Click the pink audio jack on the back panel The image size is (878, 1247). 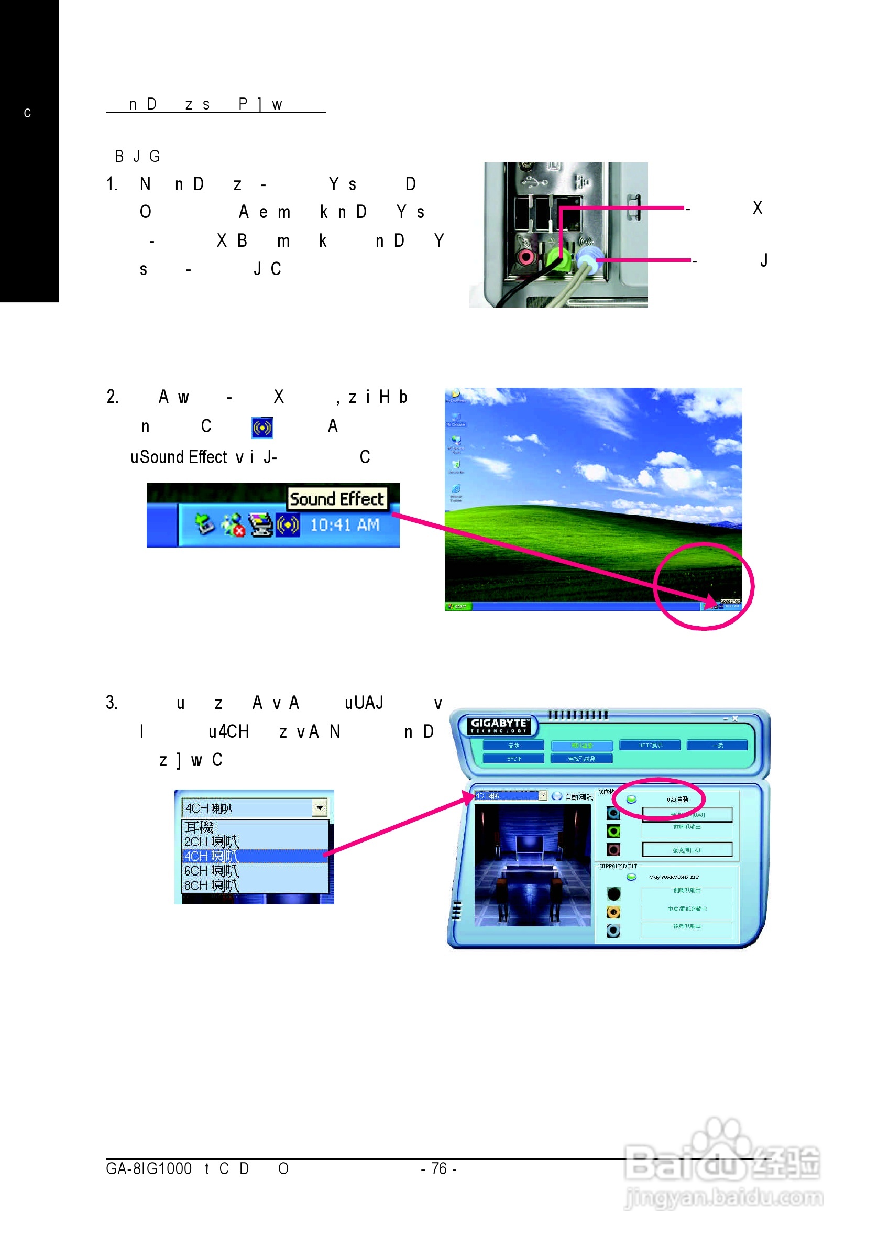pyautogui.click(x=525, y=256)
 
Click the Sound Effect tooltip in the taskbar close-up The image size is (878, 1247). pyautogui.click(x=337, y=499)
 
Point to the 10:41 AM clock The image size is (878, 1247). pyautogui.click(x=344, y=525)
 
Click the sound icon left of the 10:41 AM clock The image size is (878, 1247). pyautogui.click(x=288, y=525)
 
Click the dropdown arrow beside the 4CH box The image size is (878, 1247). pyautogui.click(x=320, y=808)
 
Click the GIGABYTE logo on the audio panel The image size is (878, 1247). pyautogui.click(x=498, y=726)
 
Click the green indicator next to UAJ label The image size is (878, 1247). pyautogui.click(x=631, y=800)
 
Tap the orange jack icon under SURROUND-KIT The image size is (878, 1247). pyautogui.click(x=613, y=912)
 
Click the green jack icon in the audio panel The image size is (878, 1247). pyautogui.click(x=613, y=832)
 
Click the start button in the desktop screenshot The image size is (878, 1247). pyautogui.click(x=458, y=606)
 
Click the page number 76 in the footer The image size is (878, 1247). pyautogui.click(x=438, y=1169)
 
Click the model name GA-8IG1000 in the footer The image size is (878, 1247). pyautogui.click(x=149, y=1169)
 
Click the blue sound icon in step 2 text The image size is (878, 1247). pyautogui.click(x=262, y=428)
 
